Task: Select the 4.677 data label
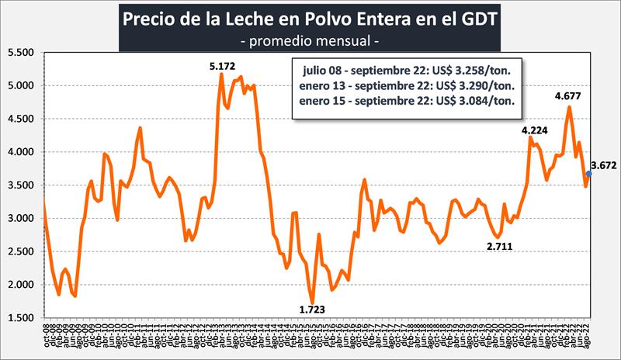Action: (569, 96)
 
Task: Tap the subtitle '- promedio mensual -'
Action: (310, 40)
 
